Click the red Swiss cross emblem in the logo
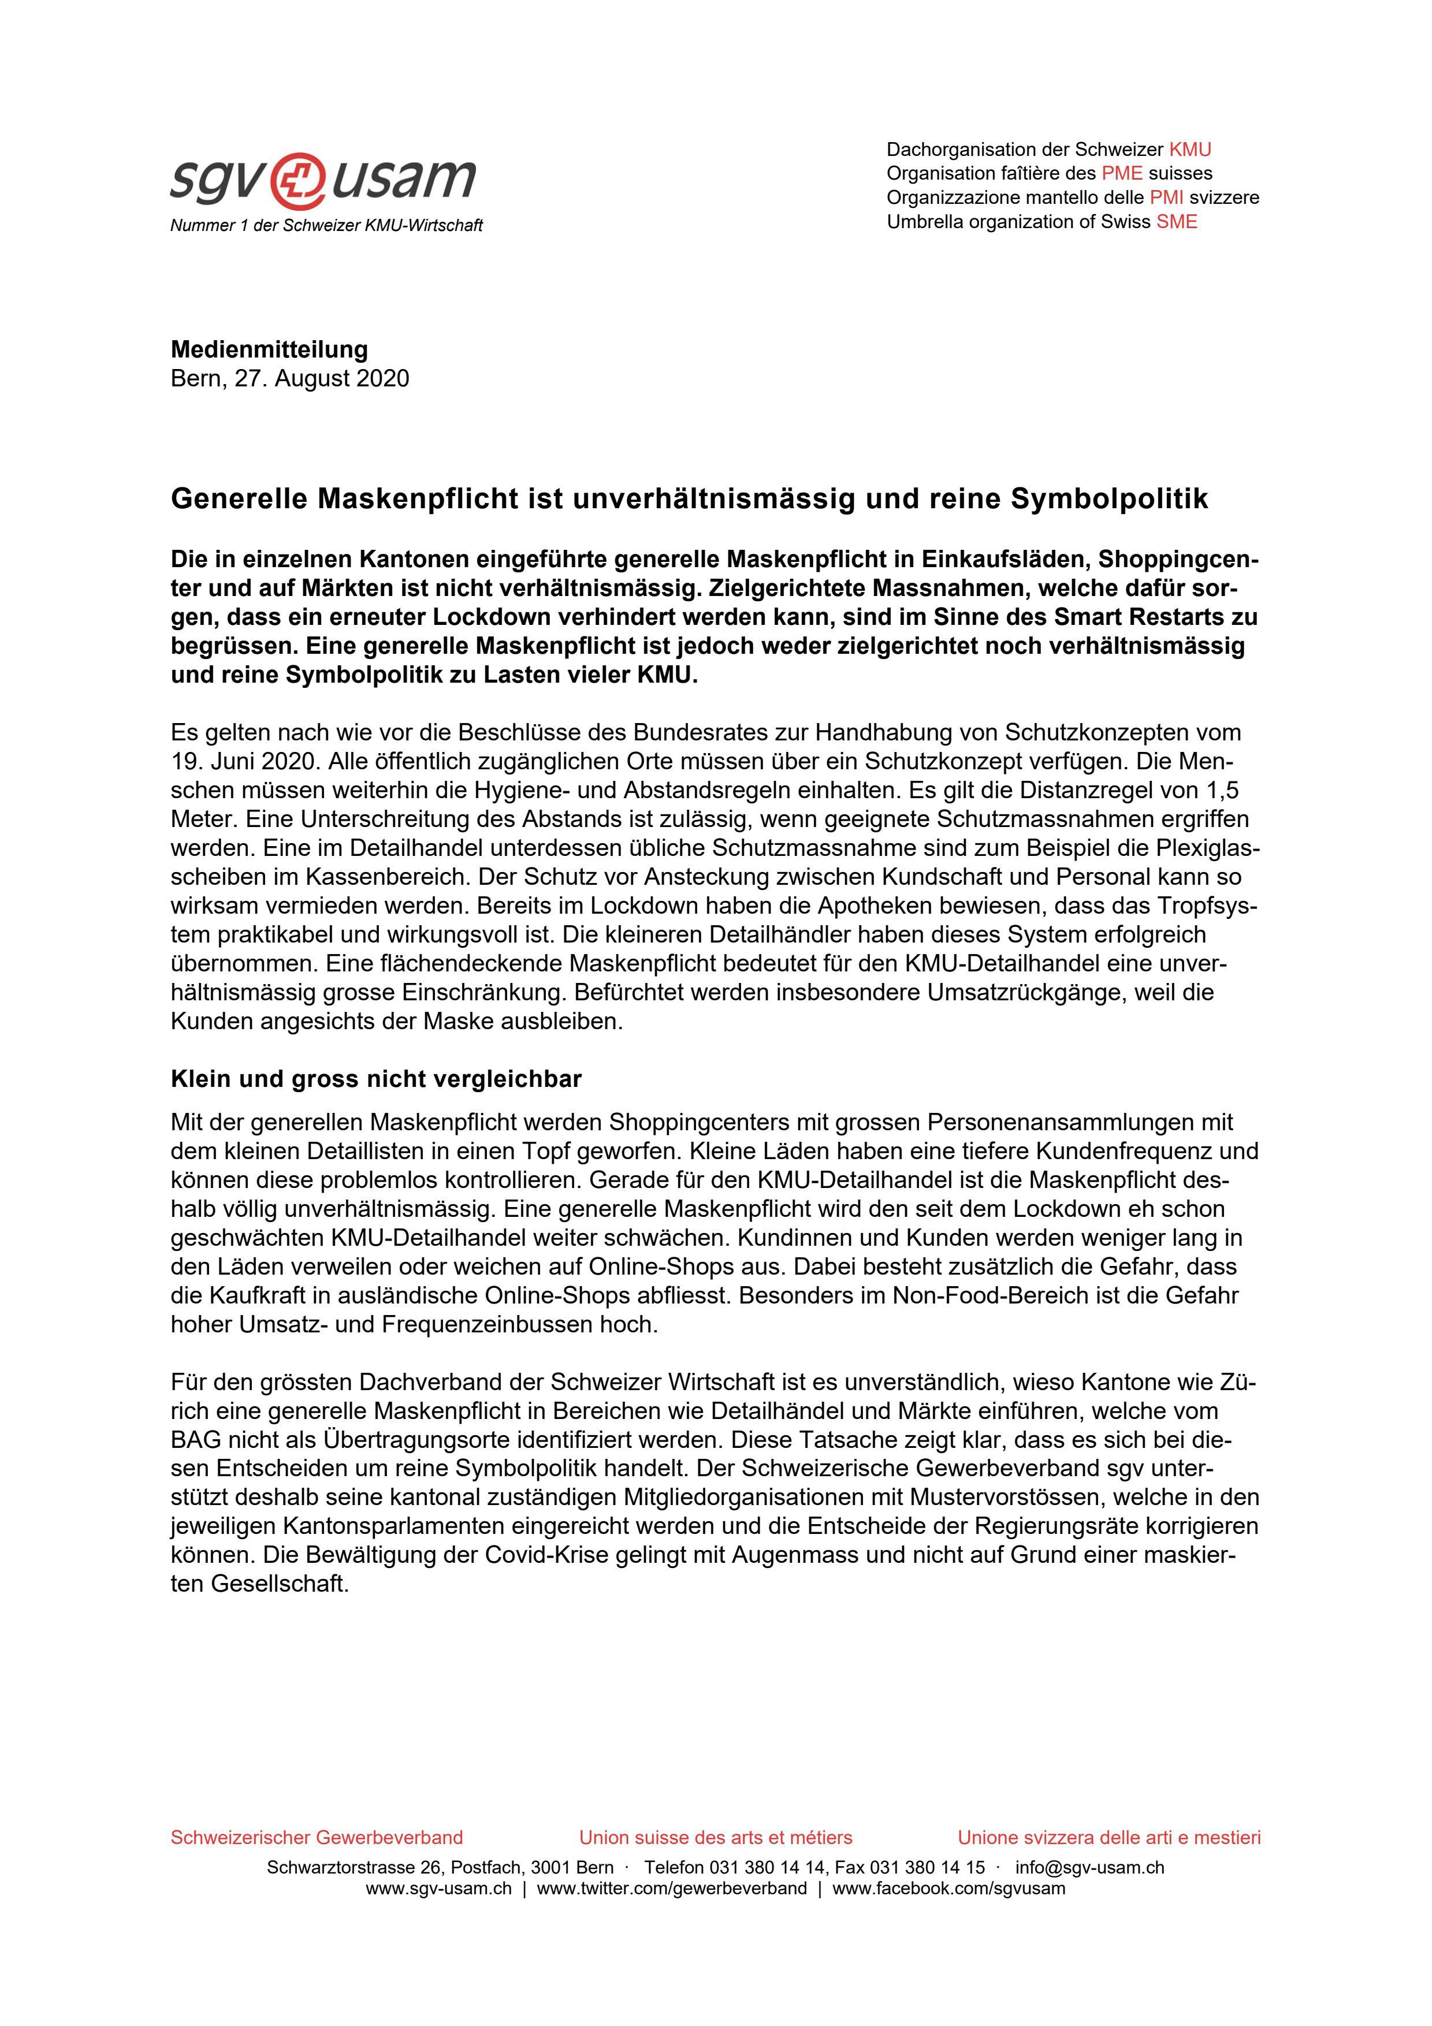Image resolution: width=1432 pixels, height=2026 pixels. pos(301,179)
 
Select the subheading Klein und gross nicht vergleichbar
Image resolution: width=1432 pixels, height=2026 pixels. pos(376,1079)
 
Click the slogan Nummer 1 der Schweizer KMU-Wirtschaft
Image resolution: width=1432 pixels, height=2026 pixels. pos(326,226)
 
